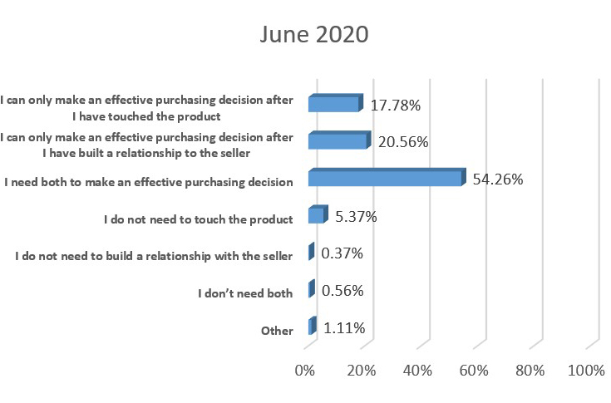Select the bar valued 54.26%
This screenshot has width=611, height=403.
(385, 178)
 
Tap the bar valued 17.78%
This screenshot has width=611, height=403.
(334, 104)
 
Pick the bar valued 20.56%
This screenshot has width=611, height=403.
(338, 141)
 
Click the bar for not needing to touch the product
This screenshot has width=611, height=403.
(317, 216)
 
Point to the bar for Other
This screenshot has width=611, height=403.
(312, 327)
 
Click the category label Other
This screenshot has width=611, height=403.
(277, 331)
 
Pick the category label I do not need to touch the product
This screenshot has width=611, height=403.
(199, 219)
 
